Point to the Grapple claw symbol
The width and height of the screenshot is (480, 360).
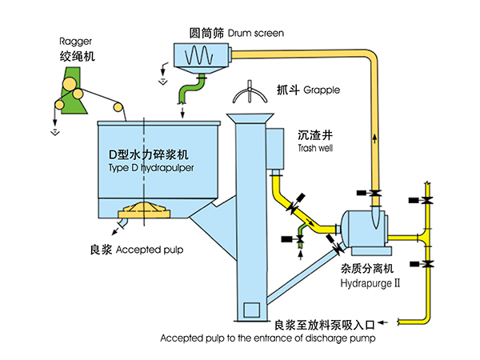[250, 93]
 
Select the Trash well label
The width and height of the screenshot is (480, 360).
[313, 148]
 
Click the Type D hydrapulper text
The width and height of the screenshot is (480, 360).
[150, 170]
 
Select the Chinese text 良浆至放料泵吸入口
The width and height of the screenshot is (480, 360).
[325, 325]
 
